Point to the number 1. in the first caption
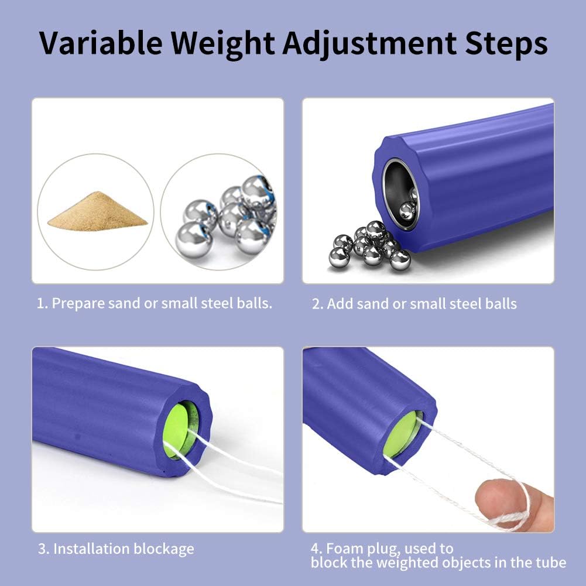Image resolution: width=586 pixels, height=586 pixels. [42, 303]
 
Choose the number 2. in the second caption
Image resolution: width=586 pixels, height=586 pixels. [317, 304]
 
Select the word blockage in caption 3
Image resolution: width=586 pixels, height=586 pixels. [164, 549]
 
